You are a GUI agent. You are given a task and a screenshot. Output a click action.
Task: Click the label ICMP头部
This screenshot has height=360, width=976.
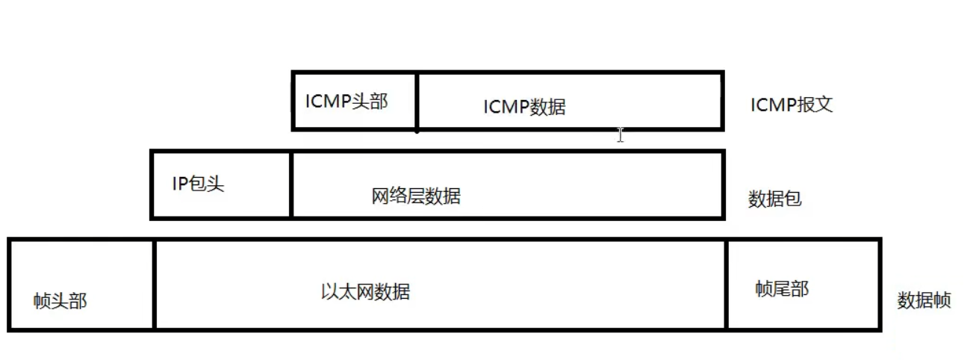coord(346,102)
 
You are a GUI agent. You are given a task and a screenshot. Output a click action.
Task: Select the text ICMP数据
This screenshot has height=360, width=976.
coord(524,107)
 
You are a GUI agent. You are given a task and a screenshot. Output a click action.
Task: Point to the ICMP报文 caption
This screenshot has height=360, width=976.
coord(792,105)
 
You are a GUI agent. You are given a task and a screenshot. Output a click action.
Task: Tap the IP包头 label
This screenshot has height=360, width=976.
coord(198,184)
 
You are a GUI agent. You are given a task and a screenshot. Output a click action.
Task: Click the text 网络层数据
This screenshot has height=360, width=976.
coord(416,196)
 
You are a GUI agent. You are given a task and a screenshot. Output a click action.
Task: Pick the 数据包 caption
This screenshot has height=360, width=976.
coord(774,199)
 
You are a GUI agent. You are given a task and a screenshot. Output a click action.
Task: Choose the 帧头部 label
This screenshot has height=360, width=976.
coord(60,301)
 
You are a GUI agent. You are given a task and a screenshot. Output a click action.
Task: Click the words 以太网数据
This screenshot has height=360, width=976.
coord(365,291)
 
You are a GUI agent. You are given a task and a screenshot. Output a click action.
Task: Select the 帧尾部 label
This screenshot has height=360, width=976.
coord(782,289)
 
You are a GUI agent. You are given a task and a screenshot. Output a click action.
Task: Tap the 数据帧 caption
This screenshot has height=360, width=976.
coord(924,300)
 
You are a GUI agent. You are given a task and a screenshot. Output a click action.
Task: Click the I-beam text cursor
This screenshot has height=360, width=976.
coord(620,134)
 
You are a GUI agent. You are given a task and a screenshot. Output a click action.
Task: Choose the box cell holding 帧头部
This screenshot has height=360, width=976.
coord(81,269)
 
